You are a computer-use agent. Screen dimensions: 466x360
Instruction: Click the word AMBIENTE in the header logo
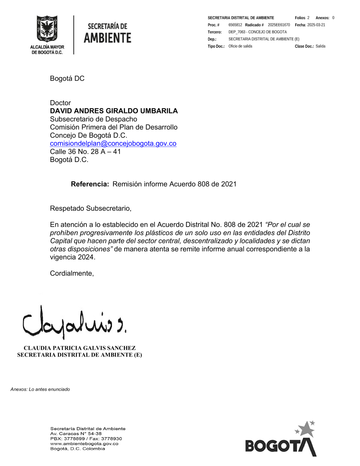pyautogui.click(x=107, y=38)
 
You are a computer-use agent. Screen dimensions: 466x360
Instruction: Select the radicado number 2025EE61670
pyautogui.click(x=279, y=25)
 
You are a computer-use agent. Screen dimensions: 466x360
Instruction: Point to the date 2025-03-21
pyautogui.click(x=316, y=25)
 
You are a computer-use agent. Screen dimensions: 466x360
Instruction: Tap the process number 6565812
pyautogui.click(x=235, y=25)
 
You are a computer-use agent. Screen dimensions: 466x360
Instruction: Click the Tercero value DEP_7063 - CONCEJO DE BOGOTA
pyautogui.click(x=257, y=32)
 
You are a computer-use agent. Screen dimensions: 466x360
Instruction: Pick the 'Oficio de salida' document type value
pyautogui.click(x=240, y=46)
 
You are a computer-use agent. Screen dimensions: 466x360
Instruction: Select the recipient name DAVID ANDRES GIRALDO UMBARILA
pyautogui.click(x=114, y=111)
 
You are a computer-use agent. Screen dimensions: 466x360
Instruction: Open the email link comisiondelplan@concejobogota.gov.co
pyautogui.click(x=113, y=143)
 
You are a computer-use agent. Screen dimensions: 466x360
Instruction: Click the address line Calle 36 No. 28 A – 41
pyautogui.click(x=85, y=152)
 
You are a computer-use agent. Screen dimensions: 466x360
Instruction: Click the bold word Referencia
pyautogui.click(x=90, y=184)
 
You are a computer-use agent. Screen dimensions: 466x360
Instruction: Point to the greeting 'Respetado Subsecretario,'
pyautogui.click(x=91, y=209)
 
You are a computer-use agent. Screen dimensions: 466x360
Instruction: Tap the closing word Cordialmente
pyautogui.click(x=72, y=273)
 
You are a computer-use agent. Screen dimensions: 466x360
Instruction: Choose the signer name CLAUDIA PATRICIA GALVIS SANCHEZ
pyautogui.click(x=80, y=348)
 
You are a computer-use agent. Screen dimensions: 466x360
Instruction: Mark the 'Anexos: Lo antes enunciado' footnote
pyautogui.click(x=40, y=389)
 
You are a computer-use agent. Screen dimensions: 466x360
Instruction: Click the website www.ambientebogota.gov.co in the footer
pyautogui.click(x=84, y=444)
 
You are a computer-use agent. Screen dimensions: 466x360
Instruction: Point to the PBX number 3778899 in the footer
pyautogui.click(x=74, y=439)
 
